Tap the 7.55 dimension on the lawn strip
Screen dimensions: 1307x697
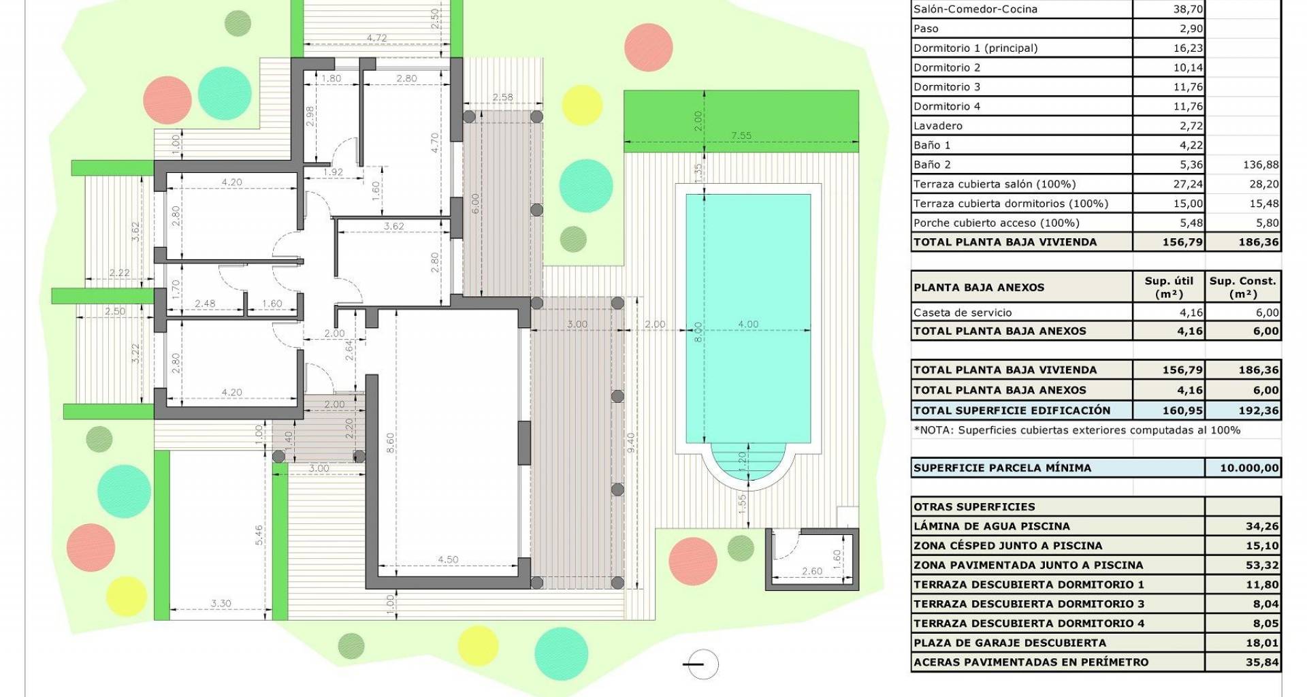point(741,135)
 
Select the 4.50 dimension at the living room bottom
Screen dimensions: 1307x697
point(448,560)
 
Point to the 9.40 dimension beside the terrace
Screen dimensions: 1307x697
point(631,443)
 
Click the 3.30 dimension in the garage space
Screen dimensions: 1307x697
point(221,603)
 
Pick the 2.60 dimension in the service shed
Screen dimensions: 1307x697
point(811,572)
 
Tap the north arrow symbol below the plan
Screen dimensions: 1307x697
point(701,664)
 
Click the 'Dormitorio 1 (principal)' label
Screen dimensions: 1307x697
point(975,48)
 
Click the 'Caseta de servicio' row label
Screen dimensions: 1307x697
point(963,313)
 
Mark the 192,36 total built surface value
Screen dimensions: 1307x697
point(1262,410)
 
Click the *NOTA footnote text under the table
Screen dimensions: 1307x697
point(1077,430)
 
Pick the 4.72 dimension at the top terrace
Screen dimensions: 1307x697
point(376,38)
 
